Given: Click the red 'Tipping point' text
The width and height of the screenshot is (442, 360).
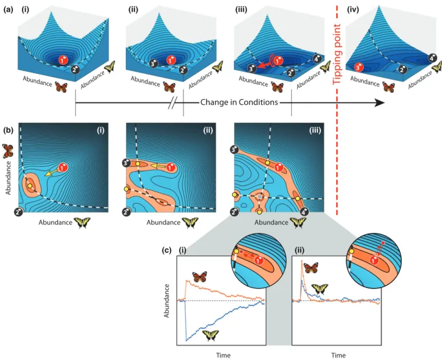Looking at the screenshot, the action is tap(337, 54).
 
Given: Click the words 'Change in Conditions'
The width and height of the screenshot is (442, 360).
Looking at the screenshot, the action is tap(239, 102).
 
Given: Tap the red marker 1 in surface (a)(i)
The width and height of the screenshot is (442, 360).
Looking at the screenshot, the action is tap(63, 60).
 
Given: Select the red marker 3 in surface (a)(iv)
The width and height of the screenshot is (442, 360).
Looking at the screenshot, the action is tap(359, 67).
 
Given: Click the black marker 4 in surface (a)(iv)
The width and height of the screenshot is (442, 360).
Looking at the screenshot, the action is tap(432, 58).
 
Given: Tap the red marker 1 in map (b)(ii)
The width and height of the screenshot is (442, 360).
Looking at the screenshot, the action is tap(171, 167).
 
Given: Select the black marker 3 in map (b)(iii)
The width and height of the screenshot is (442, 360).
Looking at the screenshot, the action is tap(235, 150).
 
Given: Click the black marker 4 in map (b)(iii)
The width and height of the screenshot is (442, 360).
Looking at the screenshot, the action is tap(304, 211).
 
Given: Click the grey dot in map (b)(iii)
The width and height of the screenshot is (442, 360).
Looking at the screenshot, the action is tap(260, 196).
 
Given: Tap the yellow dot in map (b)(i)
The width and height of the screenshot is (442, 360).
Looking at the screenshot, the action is tap(29, 186).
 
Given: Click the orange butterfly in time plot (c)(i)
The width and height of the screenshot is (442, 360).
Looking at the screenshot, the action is tap(199, 277).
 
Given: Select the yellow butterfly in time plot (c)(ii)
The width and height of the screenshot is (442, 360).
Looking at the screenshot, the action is tap(320, 289).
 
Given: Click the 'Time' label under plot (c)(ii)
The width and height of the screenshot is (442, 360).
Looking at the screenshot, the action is tap(338, 355).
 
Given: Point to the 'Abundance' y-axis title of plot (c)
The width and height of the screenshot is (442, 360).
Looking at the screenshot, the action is tap(166, 301).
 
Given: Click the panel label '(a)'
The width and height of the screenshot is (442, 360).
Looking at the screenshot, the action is tap(8, 10).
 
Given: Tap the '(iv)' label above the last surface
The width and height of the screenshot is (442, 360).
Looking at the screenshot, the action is tap(353, 10).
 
